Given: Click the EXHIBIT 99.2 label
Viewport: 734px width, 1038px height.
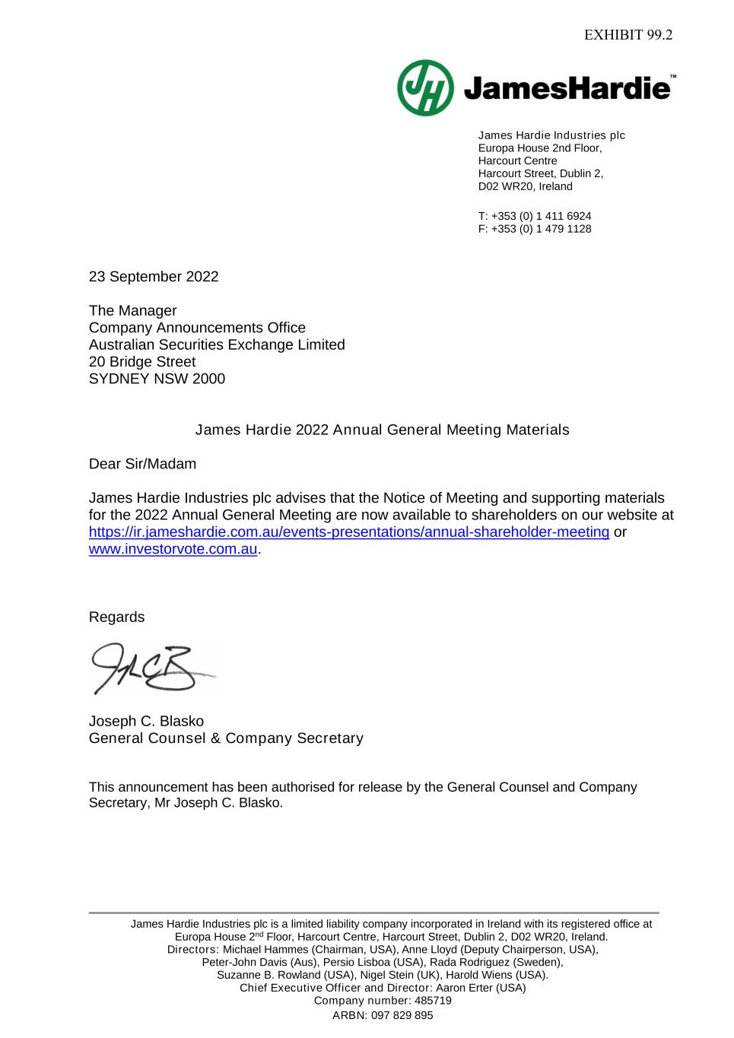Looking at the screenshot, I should tap(628, 35).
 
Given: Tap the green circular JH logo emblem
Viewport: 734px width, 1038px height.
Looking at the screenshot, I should tap(425, 88).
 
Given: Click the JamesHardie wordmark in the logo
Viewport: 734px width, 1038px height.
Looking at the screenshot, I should tap(567, 89).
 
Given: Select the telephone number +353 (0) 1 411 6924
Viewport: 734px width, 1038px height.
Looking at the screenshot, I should tap(541, 216).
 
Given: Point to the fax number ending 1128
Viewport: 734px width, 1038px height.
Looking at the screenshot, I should tap(541, 229).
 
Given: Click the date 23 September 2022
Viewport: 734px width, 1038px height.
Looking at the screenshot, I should tap(154, 277).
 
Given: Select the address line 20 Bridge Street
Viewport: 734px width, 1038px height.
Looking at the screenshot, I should tap(142, 362).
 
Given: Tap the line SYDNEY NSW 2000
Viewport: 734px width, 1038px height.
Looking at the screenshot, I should tap(157, 379).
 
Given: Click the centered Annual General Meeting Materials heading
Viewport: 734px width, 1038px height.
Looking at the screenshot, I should tap(382, 430).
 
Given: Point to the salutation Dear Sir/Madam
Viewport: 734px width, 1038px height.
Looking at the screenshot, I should tap(142, 464).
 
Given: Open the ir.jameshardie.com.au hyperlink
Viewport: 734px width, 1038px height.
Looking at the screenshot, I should tap(349, 532).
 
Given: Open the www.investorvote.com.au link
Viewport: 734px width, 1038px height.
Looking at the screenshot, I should tap(173, 549).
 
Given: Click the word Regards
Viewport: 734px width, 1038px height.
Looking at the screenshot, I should tap(116, 617).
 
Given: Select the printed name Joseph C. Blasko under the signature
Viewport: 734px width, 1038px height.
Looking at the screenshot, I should tap(146, 721).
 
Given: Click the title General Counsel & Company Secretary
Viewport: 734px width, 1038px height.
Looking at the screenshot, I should tap(226, 738).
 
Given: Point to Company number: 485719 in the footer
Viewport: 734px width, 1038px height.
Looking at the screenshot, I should tap(383, 1001).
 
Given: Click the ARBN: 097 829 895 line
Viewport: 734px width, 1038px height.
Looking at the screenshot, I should tap(383, 1015).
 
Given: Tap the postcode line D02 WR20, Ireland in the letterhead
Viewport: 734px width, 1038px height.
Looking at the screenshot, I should tap(525, 186).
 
